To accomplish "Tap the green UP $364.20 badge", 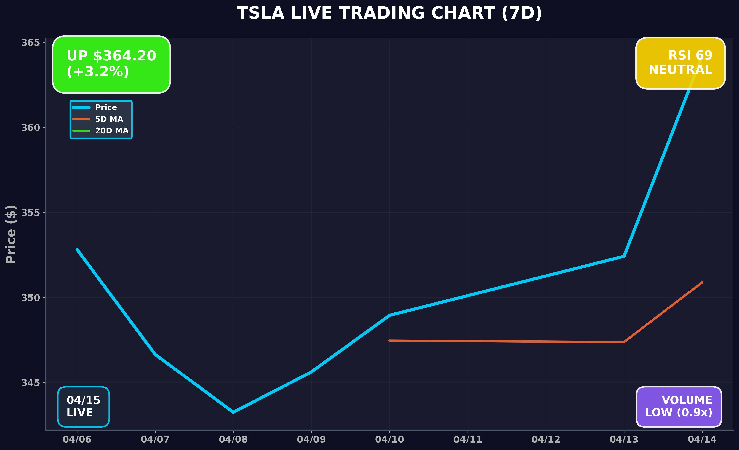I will point(111,64).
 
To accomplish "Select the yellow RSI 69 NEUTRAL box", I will point(680,63).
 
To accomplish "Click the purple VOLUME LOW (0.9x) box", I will point(679,406).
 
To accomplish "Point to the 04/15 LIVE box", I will point(83,406).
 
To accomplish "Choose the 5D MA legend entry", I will point(109,119).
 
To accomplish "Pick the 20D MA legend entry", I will point(112,131).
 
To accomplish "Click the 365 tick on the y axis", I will point(30,43).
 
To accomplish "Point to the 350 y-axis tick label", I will point(30,298).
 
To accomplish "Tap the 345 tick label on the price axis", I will point(30,383).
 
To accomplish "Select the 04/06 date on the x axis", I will point(77,440).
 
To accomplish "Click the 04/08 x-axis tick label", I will point(233,440).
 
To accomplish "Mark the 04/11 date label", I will point(468,440).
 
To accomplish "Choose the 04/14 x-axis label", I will point(702,440).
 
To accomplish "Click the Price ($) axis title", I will point(11,234).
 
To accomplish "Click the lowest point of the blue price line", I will point(233,412).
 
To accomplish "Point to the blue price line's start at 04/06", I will point(77,249).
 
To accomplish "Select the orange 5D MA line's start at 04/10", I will point(390,341).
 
